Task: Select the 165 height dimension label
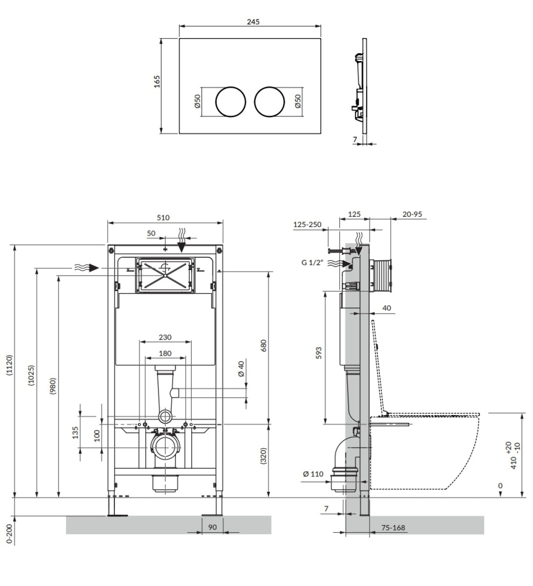point(157,82)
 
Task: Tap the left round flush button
point(231,101)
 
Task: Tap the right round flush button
point(269,101)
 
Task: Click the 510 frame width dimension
point(163,217)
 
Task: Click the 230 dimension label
point(165,337)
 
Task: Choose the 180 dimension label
point(165,353)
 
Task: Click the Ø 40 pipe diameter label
point(241,369)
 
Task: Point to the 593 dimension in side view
point(319,353)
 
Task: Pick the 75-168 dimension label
point(394,527)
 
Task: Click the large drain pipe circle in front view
point(165,448)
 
